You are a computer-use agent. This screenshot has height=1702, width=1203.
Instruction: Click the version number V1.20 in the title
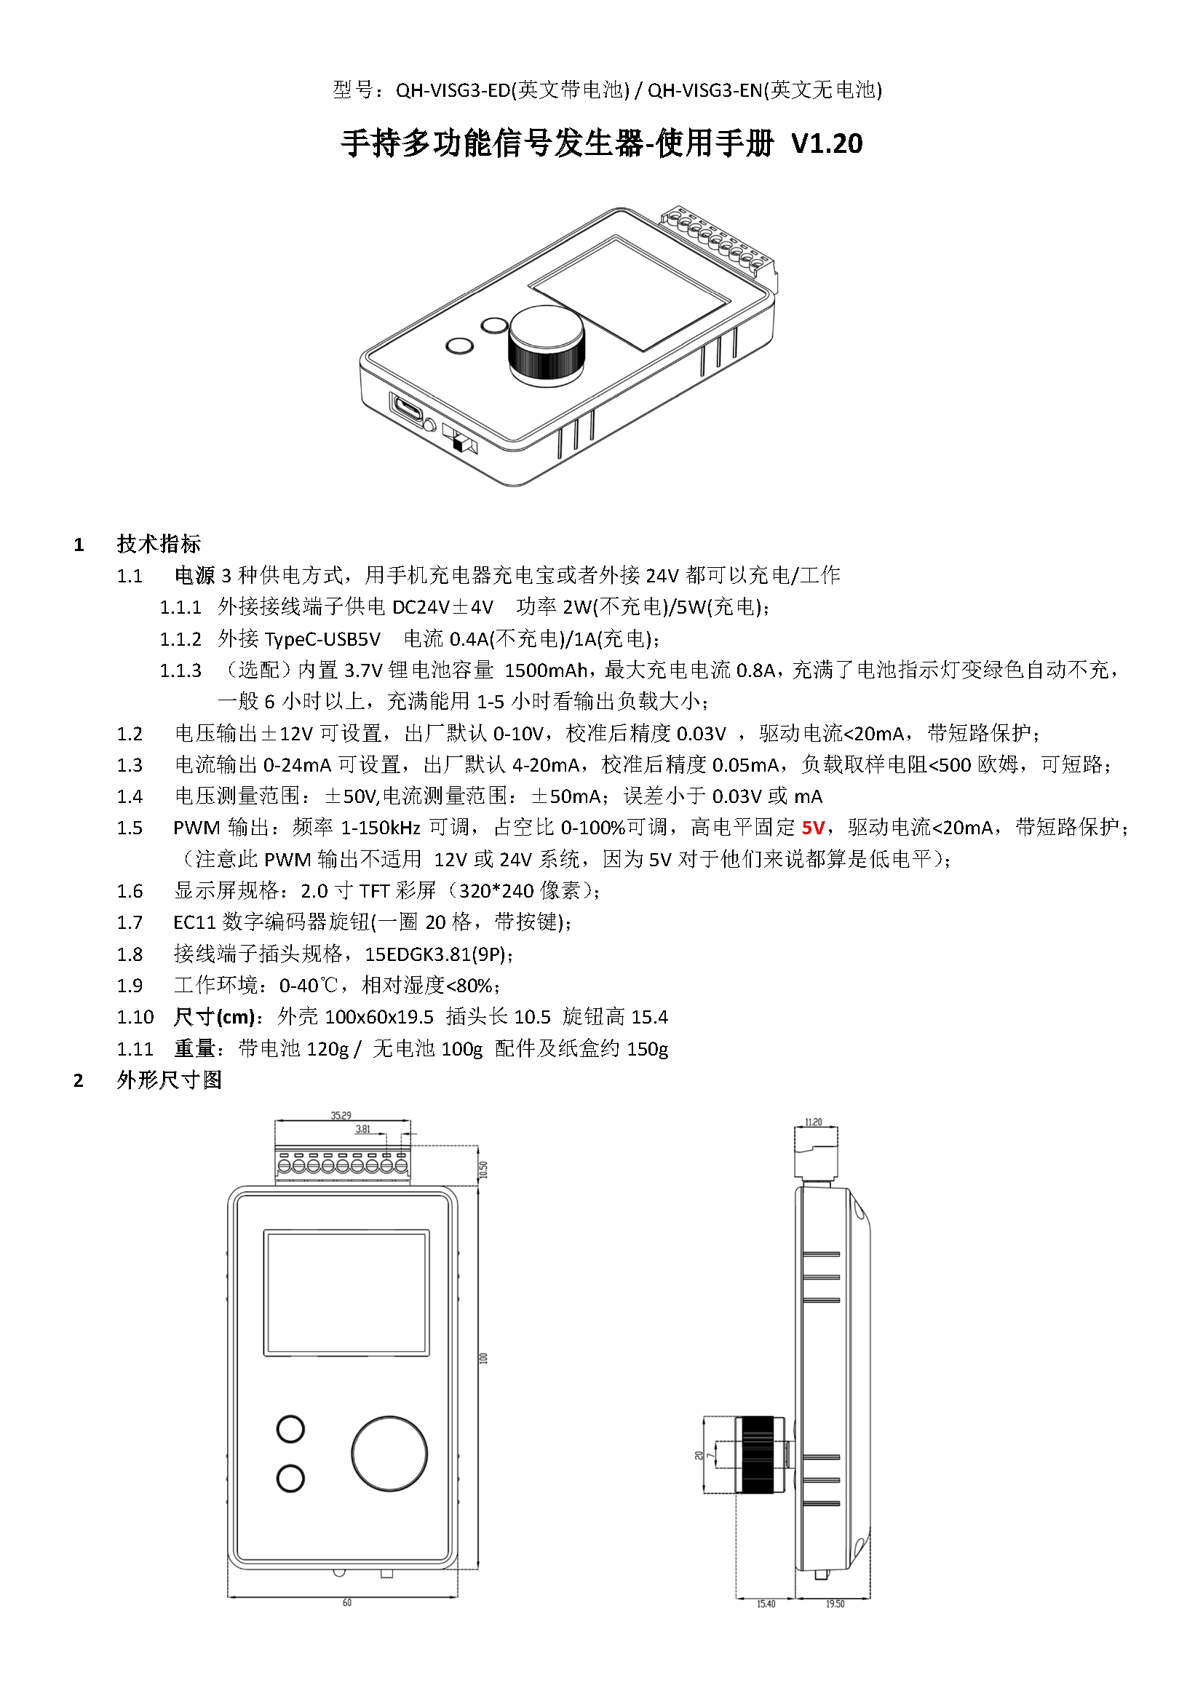(x=827, y=143)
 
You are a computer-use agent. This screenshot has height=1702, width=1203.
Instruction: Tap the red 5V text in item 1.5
(x=812, y=827)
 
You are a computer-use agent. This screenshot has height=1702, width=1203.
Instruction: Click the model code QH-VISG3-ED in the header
(x=453, y=90)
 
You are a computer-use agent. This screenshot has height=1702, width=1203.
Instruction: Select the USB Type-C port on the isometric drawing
(x=407, y=407)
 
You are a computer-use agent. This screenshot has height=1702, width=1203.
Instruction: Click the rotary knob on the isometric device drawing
(x=547, y=346)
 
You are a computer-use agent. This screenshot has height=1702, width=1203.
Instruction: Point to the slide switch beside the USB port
(x=459, y=440)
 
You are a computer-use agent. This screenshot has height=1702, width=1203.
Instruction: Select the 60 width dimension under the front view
(x=347, y=1623)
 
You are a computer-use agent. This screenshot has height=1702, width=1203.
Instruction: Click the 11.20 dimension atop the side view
(x=813, y=1122)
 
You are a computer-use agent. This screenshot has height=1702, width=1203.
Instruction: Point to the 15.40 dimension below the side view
(x=766, y=1624)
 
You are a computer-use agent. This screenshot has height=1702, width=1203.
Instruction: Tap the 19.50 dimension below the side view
(x=835, y=1624)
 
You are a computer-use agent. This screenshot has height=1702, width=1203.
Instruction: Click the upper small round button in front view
(x=290, y=1428)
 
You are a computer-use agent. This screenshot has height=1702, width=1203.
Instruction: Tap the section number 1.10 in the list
(x=135, y=1017)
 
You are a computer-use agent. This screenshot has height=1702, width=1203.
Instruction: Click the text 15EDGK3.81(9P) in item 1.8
(x=437, y=954)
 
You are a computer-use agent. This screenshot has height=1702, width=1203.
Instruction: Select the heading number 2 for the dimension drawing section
(x=79, y=1081)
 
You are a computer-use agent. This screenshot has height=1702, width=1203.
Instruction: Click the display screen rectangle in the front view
(x=346, y=1293)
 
